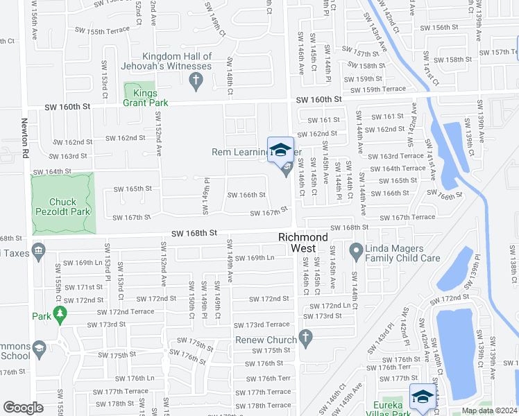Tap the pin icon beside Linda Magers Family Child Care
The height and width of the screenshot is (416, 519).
357,250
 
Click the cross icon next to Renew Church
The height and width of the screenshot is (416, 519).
305,338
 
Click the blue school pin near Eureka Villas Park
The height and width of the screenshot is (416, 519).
422,397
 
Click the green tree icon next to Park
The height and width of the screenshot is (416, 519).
60,316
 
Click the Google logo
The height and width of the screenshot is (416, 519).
23,408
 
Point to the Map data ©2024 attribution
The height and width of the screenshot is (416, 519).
489,410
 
